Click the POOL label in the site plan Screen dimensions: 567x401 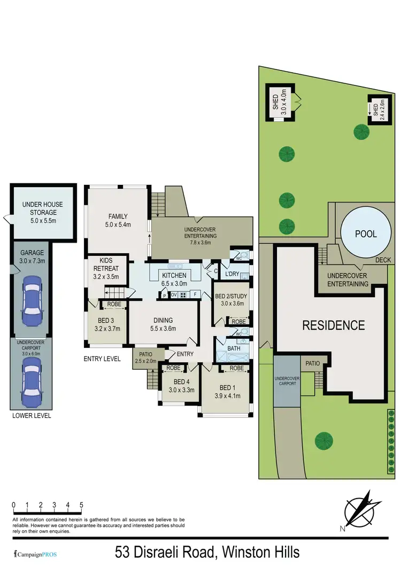366,234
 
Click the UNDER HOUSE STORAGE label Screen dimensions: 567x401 42,208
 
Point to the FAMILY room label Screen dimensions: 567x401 118,220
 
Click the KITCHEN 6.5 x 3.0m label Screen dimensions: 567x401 174,279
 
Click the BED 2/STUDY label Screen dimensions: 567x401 229,300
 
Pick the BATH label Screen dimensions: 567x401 234,348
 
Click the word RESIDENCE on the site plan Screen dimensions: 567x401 334,325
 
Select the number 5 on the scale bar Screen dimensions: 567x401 81,504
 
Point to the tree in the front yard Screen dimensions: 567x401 323,440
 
